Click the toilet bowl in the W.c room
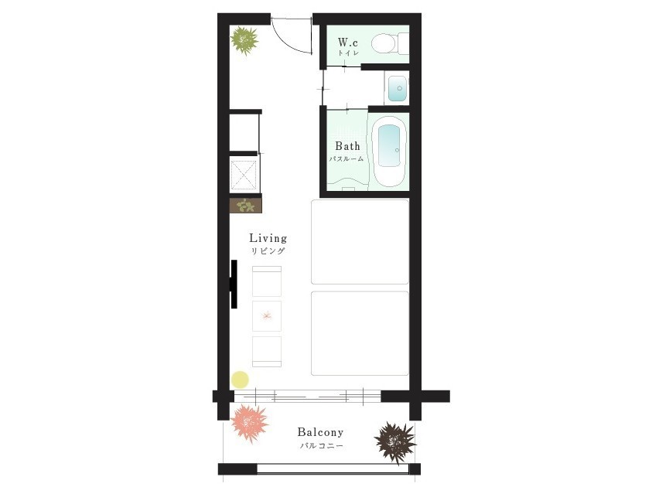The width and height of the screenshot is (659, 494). pos(383,43)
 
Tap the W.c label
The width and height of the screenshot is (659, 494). pos(348,43)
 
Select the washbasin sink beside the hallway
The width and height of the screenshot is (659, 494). pos(397,88)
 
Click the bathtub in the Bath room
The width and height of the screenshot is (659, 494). pos(389,152)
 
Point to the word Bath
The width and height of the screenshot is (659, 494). pos(347,146)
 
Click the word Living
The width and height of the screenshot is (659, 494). pos(268,238)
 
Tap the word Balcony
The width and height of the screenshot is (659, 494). pos(320,432)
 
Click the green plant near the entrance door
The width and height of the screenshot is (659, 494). pos(244,41)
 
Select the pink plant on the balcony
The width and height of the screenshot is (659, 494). pos(249,423)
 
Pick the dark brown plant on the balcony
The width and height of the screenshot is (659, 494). pos(395,442)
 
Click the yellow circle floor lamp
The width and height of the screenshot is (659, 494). pos(240,380)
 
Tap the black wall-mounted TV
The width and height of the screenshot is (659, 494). pos(234,284)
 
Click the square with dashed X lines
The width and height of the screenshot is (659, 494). pos(244,175)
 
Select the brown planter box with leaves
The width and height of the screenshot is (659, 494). pos(245,206)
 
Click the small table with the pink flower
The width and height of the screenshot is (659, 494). pos(266,316)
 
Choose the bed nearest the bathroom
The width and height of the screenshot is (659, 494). pos(360,242)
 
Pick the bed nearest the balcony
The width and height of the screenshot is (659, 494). pos(360,333)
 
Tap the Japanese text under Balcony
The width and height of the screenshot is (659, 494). pos(321,446)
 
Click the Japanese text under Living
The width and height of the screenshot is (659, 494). pos(268,251)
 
